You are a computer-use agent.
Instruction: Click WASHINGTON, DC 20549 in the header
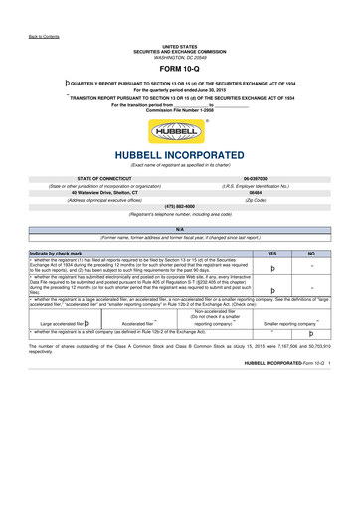coord(180,56)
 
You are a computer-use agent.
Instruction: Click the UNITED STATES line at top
coord(180,46)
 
